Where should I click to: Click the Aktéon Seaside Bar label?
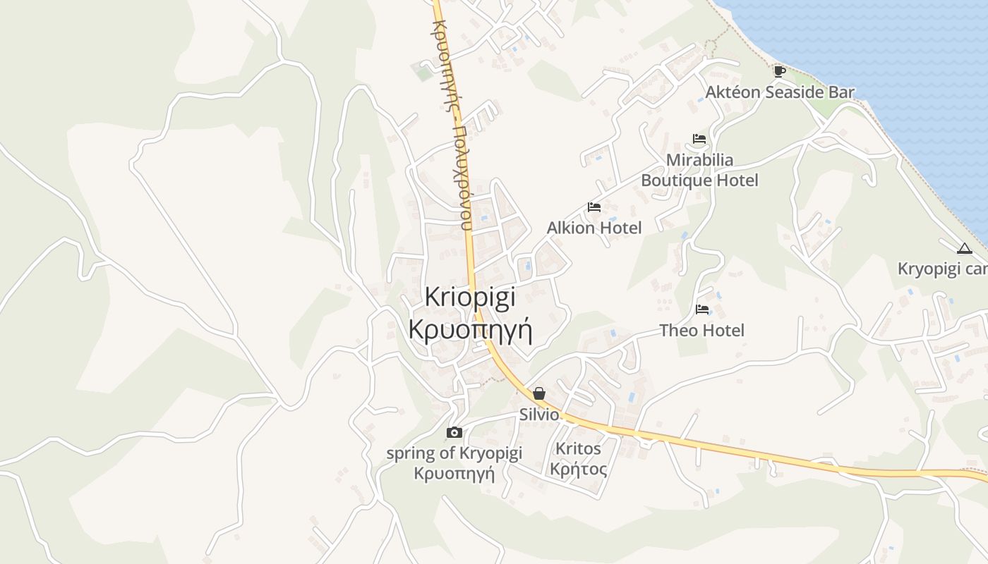pos(780,92)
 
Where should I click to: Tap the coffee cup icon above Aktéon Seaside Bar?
pos(779,70)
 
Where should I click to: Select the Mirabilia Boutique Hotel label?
pos(699,170)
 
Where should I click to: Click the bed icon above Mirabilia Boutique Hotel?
pos(699,139)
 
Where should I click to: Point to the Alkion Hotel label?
pos(594,228)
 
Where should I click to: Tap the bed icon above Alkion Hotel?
pos(594,207)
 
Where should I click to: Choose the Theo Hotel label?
pos(701,330)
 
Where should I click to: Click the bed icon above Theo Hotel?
pos(702,309)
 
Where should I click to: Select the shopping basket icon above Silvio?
pos(539,393)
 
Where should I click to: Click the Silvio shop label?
pos(539,415)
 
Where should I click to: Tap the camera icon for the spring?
pos(454,432)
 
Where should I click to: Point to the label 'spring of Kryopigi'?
pos(454,453)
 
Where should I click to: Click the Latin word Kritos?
pos(578,448)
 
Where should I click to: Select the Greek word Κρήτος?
pos(578,469)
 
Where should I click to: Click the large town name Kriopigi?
pos(470,297)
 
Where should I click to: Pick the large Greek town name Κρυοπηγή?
pos(470,329)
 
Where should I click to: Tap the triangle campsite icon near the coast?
pos(964,248)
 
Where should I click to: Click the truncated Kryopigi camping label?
pos(942,269)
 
